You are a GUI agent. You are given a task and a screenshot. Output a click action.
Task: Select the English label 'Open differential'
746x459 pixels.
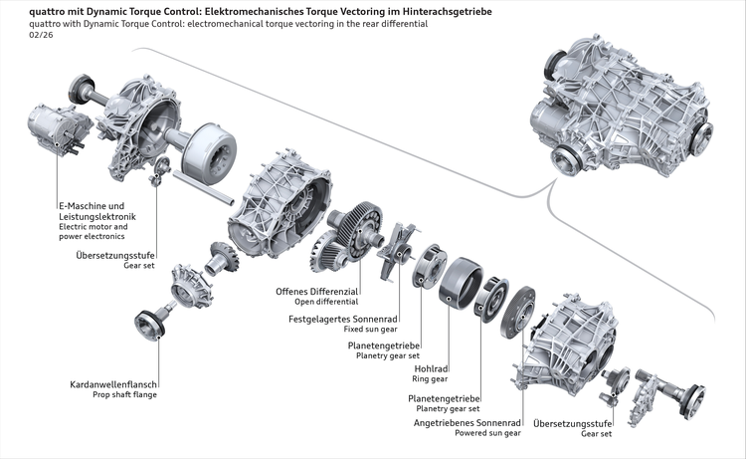point(317,302)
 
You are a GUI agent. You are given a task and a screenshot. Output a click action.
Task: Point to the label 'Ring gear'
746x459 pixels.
point(432,379)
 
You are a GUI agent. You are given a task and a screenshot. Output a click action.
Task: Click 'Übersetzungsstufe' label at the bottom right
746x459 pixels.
point(572,423)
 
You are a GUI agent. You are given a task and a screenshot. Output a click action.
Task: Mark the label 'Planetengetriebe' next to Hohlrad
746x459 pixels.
point(383,344)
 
